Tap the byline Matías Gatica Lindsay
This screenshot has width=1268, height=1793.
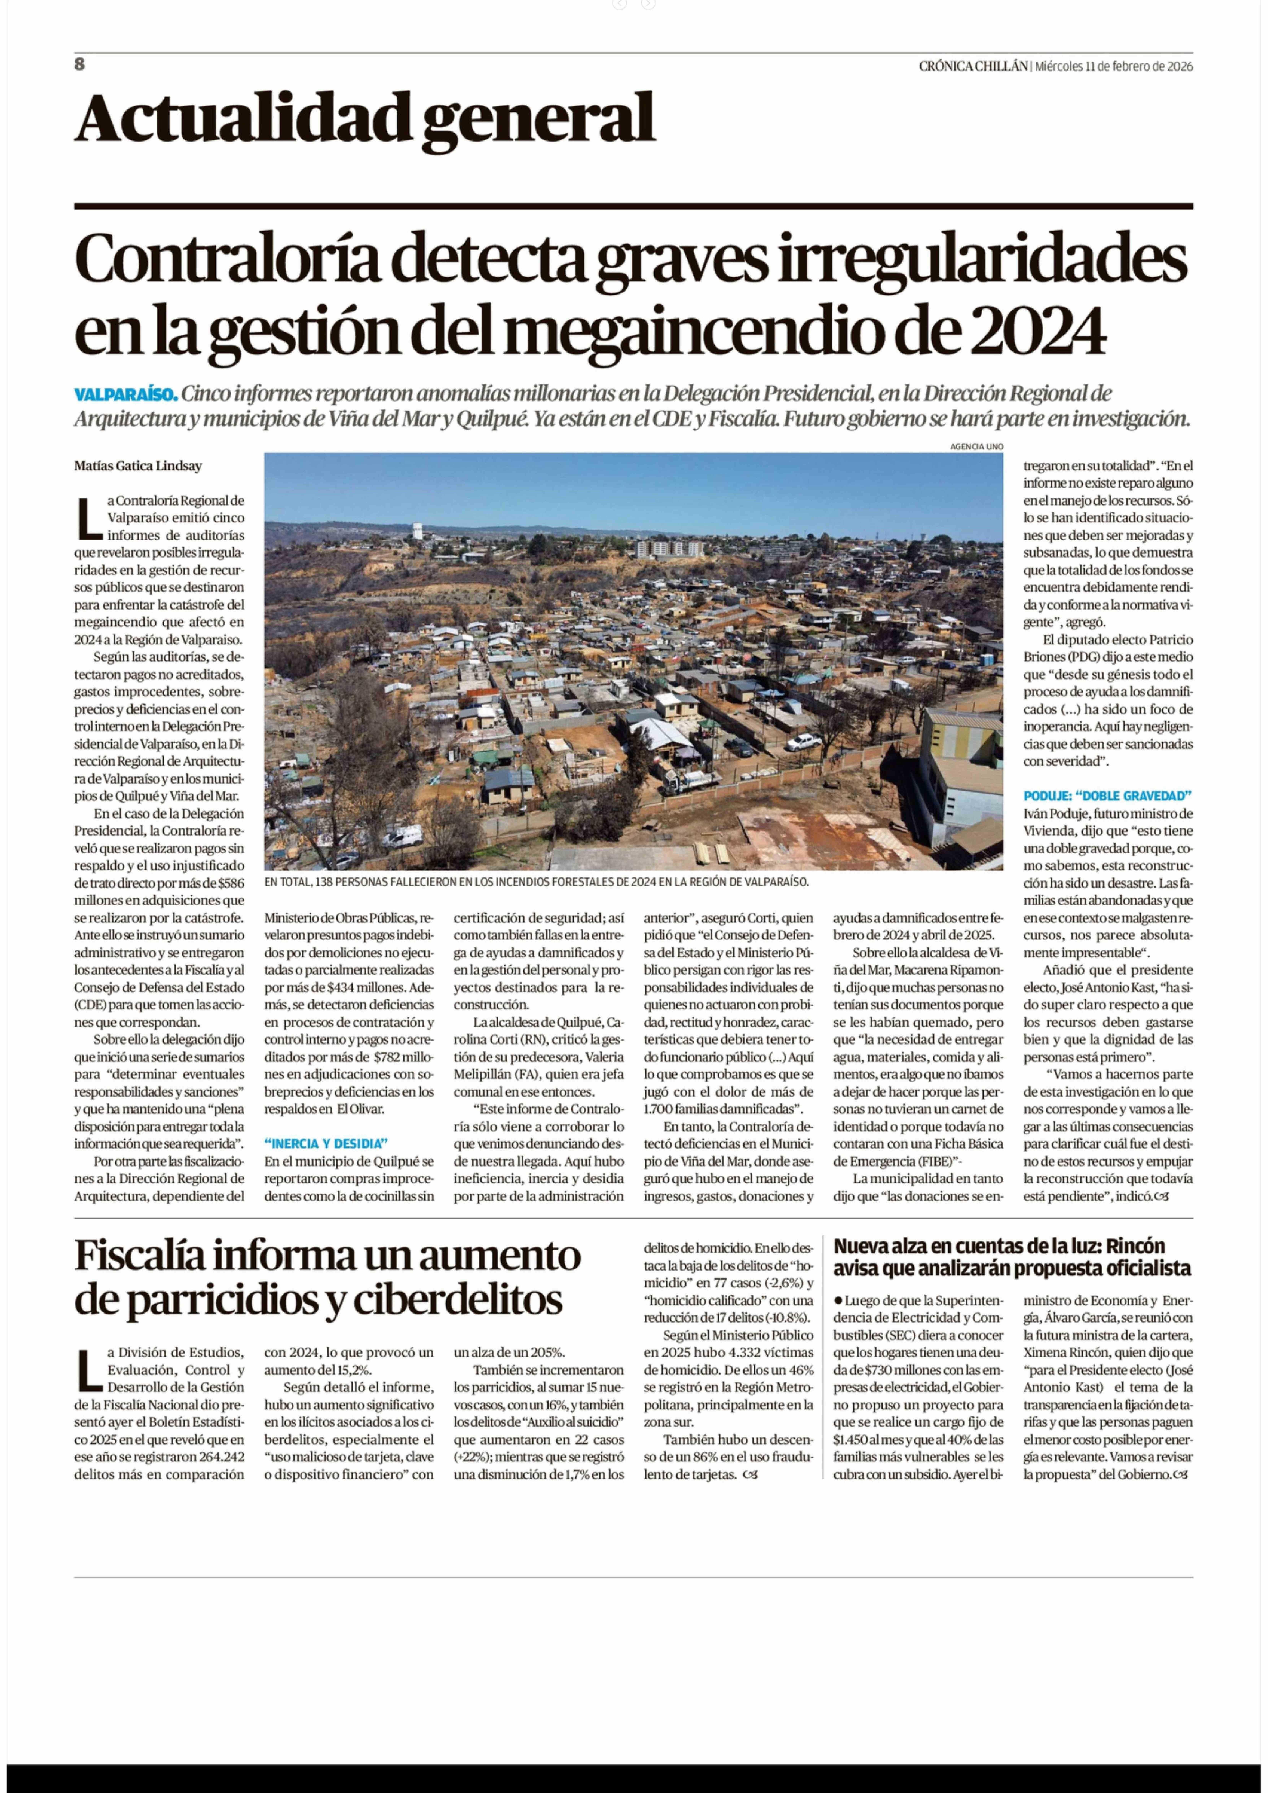138,466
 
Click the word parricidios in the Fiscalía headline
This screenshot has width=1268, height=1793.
228,1300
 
